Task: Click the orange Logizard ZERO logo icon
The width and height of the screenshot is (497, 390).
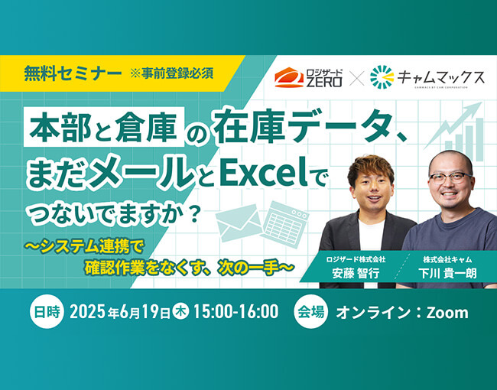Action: [289, 77]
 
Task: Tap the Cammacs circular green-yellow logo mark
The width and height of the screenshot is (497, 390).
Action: [382, 77]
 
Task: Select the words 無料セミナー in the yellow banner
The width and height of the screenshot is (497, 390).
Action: [73, 73]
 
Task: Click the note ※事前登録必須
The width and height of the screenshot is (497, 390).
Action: [171, 73]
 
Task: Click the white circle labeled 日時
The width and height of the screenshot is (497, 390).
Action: [47, 312]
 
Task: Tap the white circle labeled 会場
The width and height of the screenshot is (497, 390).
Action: [311, 312]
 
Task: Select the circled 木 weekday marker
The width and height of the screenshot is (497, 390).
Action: [181, 312]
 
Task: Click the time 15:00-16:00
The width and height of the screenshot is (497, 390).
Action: [236, 312]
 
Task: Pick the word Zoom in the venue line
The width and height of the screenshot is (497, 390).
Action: [447, 313]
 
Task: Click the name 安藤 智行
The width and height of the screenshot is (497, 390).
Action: [356, 273]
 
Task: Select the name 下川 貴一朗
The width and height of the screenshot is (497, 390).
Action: [447, 273]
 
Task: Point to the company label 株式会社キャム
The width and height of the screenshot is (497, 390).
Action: [447, 259]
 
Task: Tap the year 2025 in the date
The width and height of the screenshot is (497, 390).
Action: [87, 312]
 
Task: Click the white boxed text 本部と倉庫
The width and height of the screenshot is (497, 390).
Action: [104, 127]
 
